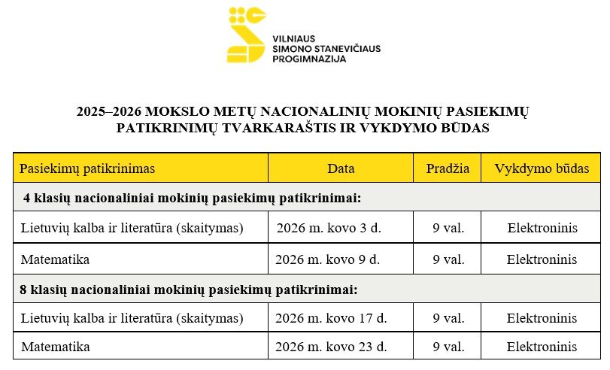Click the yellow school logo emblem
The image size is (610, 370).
[247, 35]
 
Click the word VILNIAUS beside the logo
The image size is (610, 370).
[293, 38]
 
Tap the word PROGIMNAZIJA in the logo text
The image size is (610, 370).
[309, 58]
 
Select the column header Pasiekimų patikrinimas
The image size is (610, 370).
[87, 168]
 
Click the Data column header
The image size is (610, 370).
[341, 168]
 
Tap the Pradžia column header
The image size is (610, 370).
[448, 168]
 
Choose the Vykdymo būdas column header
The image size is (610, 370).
[542, 168]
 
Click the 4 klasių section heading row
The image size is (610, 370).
[193, 199]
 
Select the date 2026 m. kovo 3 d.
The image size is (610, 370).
[329, 228]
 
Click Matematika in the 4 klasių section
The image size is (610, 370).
[55, 259]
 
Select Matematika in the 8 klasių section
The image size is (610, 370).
[55, 347]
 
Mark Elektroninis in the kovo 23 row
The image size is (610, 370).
[542, 347]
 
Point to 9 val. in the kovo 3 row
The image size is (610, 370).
[448, 228]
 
